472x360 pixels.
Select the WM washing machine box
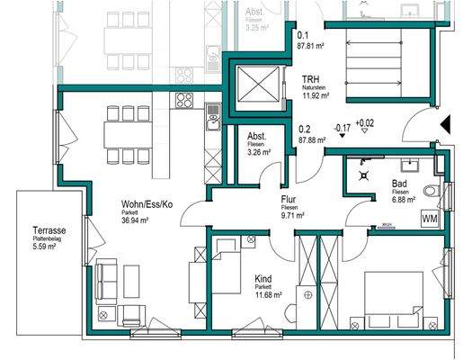(x=430, y=218)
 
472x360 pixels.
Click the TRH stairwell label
(x=312, y=79)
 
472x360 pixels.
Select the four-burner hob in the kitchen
(x=186, y=101)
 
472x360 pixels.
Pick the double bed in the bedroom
(x=393, y=300)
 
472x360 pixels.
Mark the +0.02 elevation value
(x=365, y=122)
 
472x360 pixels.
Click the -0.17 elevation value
(x=342, y=127)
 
